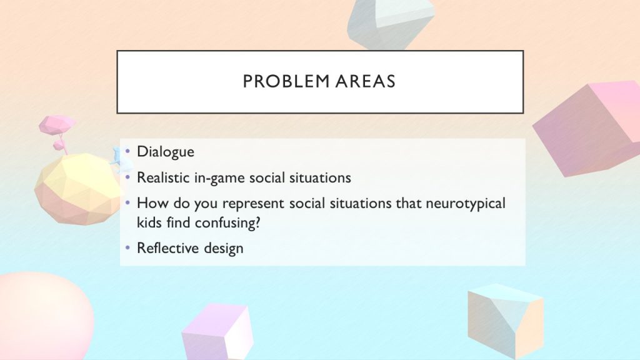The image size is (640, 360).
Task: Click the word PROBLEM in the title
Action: [286, 81]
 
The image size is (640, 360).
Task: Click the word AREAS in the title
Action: [365, 81]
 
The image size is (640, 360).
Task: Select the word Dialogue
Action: [165, 152]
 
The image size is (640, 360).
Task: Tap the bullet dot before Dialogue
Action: [127, 151]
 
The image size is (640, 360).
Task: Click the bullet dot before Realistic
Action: [127, 177]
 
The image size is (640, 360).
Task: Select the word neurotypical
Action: [465, 204]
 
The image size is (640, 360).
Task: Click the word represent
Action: [253, 204]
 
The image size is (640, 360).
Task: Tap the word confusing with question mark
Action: [227, 223]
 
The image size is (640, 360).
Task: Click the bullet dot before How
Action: [127, 202]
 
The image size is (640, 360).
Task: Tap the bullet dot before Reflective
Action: [127, 247]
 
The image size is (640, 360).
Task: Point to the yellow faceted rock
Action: [77, 189]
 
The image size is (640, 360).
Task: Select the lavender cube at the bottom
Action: [217, 331]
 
